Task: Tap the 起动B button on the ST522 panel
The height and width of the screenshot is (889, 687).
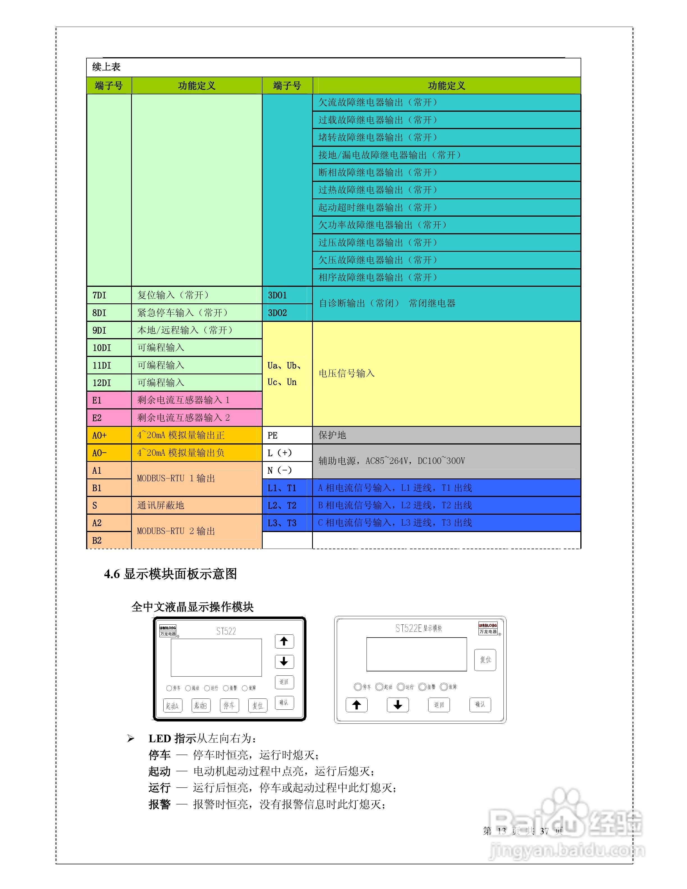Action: (x=201, y=705)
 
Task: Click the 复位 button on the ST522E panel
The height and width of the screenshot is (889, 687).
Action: (x=485, y=659)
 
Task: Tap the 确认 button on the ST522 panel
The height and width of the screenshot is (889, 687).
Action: (x=284, y=702)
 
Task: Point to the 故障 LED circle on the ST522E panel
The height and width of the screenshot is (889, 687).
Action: (x=444, y=687)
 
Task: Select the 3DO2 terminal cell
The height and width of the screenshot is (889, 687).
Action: (x=287, y=313)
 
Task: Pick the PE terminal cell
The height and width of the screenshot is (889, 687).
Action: (x=287, y=435)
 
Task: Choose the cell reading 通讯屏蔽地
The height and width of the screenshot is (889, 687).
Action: (x=196, y=505)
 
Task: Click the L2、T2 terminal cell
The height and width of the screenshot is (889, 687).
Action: (x=287, y=505)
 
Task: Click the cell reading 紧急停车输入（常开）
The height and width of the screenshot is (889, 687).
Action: (x=196, y=313)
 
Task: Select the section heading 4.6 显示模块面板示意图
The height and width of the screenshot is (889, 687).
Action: (x=171, y=574)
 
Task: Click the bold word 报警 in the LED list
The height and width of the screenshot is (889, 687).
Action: (x=159, y=804)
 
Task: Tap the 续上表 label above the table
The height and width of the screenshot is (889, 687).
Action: (x=106, y=67)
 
